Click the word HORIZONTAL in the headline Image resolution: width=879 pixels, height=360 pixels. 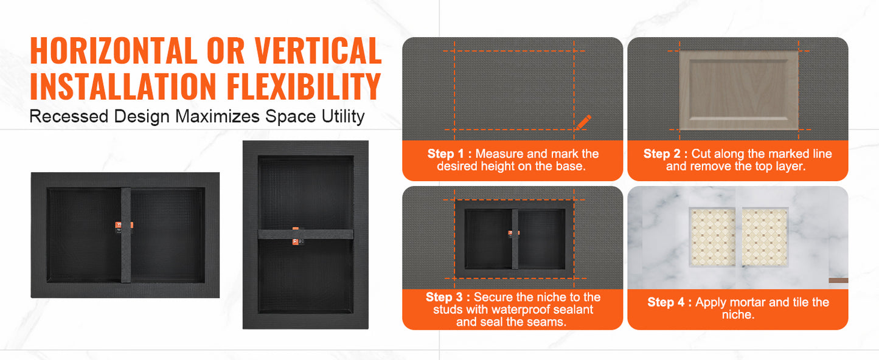[114, 50]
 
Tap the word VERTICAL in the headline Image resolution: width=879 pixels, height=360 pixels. [318, 50]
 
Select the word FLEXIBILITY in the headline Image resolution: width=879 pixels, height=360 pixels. [304, 86]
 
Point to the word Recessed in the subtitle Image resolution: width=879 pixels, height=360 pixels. [69, 117]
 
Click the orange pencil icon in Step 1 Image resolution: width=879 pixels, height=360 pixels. [583, 122]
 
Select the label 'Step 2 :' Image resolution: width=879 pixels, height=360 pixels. [665, 153]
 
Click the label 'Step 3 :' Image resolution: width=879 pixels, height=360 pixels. [448, 297]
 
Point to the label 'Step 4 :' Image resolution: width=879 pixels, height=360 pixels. [670, 302]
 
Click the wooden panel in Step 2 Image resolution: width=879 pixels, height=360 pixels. [739, 90]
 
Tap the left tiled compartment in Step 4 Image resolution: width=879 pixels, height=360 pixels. [712, 237]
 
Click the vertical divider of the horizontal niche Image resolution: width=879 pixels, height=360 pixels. [125, 235]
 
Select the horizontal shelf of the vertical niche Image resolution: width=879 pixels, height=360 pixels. [305, 235]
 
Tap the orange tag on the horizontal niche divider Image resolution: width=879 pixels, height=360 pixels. [124, 225]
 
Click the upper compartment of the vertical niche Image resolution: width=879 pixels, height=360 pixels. [306, 193]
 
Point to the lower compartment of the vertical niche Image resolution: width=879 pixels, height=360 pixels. [306, 277]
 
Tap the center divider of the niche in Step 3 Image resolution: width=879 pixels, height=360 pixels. [515, 239]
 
